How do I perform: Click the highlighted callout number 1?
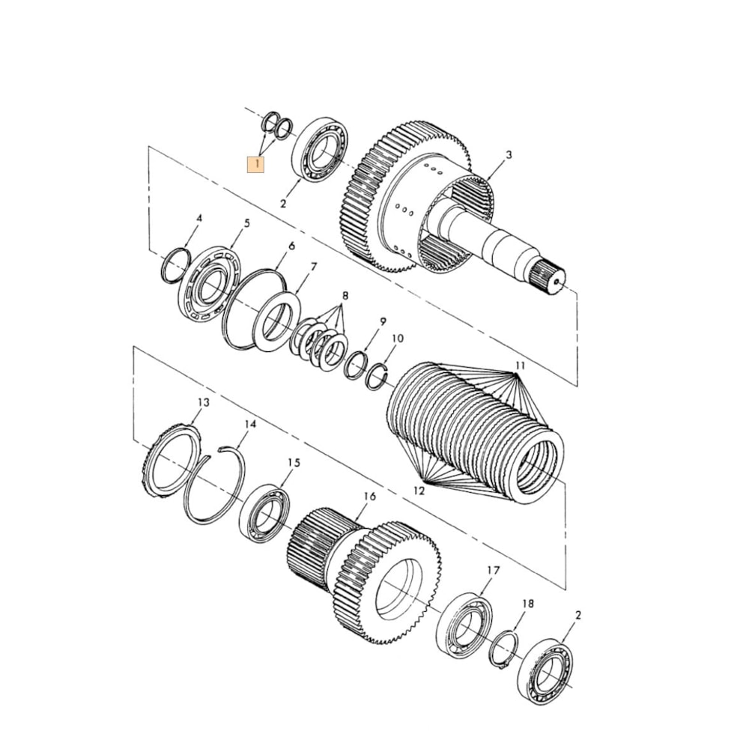pyautogui.click(x=257, y=164)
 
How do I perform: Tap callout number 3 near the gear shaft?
pyautogui.click(x=509, y=155)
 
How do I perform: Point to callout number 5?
pyautogui.click(x=246, y=223)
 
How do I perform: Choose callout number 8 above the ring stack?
pyautogui.click(x=345, y=295)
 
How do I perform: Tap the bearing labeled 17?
pyautogui.click(x=464, y=625)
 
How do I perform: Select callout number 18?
pyautogui.click(x=528, y=603)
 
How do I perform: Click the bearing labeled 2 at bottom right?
pyautogui.click(x=546, y=671)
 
